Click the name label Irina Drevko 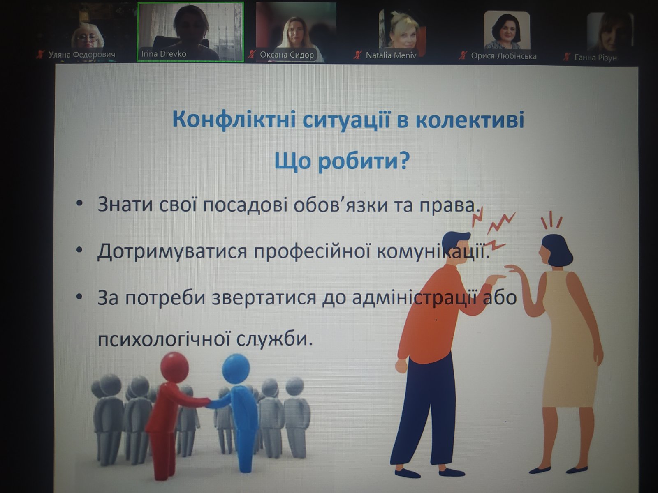[164, 54]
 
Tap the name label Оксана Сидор [287, 55]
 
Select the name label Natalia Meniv [391, 55]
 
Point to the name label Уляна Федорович [81, 55]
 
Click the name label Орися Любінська [504, 56]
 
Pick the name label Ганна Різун [595, 57]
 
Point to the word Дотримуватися [172, 251]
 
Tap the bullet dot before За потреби [79, 297]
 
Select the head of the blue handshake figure [236, 369]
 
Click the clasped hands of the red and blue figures [209, 403]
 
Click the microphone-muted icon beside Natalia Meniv [357, 55]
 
